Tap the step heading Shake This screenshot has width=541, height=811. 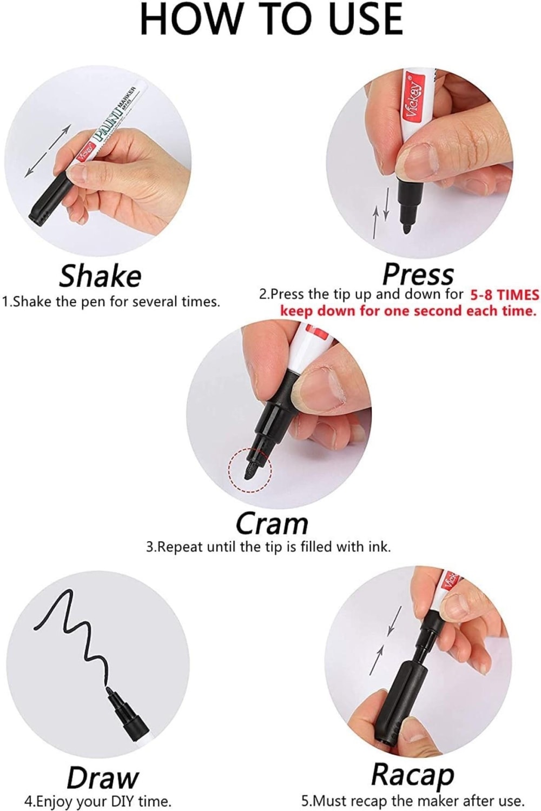click(x=101, y=276)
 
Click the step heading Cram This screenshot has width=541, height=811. click(x=272, y=524)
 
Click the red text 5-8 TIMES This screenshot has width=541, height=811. click(x=504, y=295)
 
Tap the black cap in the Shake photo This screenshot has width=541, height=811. click(x=51, y=199)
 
